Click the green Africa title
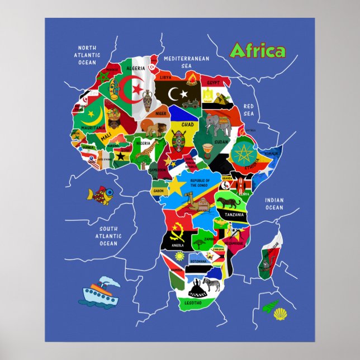257,51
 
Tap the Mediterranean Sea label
186,61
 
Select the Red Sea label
248,110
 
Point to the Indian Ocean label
274,204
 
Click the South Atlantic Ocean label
108,236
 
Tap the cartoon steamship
101,292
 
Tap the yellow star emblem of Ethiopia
242,152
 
